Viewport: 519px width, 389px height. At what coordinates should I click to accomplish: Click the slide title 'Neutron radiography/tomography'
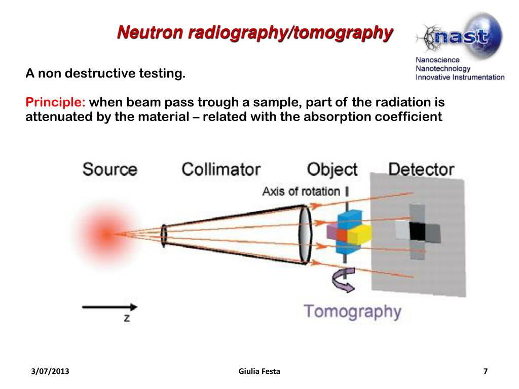255,33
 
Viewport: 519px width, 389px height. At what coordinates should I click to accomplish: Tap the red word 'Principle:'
56,102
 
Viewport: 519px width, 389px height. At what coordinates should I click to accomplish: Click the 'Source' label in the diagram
109,169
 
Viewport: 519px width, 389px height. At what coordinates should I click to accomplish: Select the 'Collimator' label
221,169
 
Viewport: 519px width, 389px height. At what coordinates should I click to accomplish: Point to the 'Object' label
332,169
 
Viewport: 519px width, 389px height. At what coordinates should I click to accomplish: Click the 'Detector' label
421,169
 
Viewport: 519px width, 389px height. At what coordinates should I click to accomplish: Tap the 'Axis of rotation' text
301,191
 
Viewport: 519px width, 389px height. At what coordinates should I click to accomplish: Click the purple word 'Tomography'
352,310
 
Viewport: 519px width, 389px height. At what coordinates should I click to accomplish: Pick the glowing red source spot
105,234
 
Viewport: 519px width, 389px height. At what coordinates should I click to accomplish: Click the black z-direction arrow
109,307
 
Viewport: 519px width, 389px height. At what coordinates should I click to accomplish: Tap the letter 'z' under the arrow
127,318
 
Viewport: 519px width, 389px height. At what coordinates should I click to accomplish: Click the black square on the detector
417,231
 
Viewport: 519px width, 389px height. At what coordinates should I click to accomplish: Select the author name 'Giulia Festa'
259,372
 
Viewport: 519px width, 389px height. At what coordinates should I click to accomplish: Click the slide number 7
485,372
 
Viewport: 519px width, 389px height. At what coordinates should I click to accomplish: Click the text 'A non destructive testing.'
105,74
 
